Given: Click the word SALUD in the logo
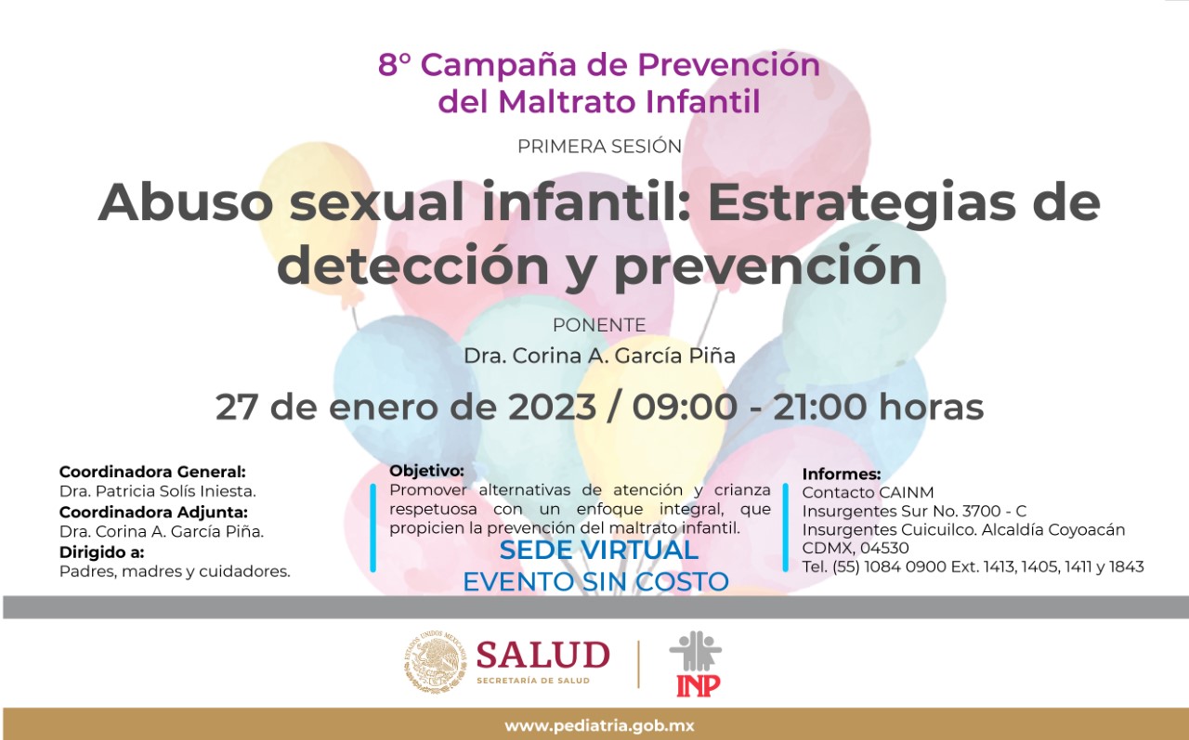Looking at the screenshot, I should [542, 655].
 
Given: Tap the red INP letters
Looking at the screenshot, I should [698, 685].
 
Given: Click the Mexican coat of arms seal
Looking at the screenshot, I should [435, 663].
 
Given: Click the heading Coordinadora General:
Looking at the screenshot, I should [152, 472].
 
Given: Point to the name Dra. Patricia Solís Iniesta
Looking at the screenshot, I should [157, 491].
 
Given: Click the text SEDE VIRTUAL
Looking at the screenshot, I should [598, 550].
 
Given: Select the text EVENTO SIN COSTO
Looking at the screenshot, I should [595, 582].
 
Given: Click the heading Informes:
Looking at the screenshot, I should [842, 474].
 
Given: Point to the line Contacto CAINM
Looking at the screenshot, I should [868, 492].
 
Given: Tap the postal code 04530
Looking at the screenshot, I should [886, 548].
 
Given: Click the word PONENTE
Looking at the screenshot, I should [598, 326].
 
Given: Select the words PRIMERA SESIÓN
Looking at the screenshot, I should [599, 147].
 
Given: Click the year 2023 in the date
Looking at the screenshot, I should [547, 407].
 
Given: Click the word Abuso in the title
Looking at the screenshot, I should [185, 202].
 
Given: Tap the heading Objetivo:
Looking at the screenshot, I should [426, 471].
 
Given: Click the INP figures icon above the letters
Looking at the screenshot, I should [696, 651].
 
